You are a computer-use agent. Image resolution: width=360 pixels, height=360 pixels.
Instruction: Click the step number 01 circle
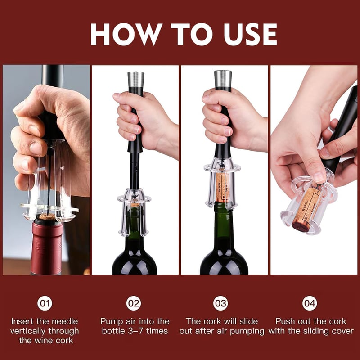45,303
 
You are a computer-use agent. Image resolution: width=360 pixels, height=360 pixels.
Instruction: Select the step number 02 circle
134,303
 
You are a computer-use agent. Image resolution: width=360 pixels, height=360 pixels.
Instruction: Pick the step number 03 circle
220,303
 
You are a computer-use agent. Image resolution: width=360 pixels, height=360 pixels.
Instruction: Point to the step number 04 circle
310,303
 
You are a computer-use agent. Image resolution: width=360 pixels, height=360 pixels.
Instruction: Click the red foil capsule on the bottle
46,247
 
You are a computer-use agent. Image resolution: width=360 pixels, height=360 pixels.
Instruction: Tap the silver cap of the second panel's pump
135,79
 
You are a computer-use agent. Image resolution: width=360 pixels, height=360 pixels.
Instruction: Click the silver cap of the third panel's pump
223,78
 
